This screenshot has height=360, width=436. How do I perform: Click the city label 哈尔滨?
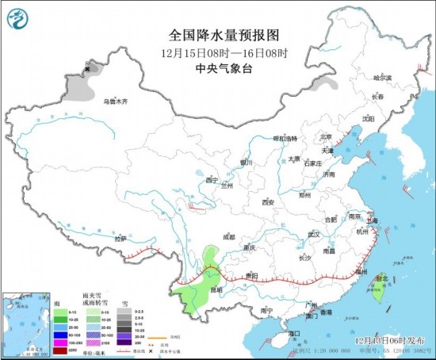[x=383, y=78]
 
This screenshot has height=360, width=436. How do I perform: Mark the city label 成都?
[x=229, y=236]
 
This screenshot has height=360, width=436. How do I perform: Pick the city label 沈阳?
[x=367, y=119]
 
